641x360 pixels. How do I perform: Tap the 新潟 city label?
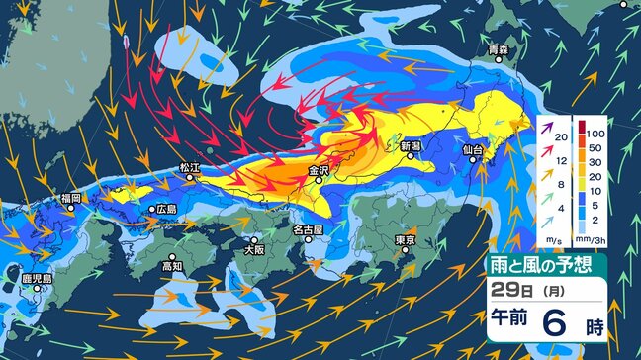pos(411,147)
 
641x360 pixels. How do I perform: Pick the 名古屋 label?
pos(308,230)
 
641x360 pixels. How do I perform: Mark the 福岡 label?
pos(69,199)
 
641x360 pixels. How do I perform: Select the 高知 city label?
pos(172,266)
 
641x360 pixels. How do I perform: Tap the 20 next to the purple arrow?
pos(560,136)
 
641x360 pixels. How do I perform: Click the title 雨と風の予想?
pos(546,264)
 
